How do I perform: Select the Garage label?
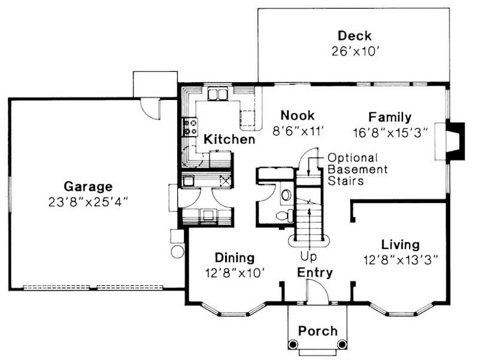click(89, 186)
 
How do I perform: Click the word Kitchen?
click(229, 140)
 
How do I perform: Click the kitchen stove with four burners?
click(191, 125)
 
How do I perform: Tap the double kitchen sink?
click(217, 94)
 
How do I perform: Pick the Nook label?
click(297, 116)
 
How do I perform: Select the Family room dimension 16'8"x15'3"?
click(389, 132)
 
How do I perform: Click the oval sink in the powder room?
click(286, 195)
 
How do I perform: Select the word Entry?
click(315, 273)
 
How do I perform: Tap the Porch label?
click(317, 331)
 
